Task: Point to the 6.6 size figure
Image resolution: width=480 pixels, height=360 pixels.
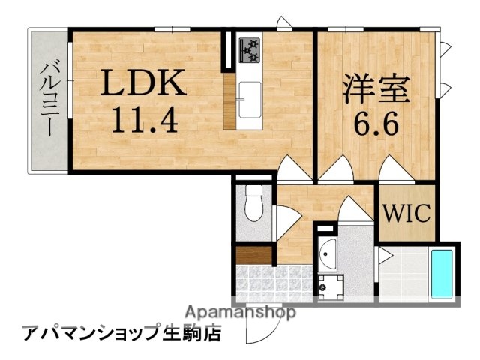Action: [x=375, y=120]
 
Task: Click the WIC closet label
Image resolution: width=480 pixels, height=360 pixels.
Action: [x=406, y=213]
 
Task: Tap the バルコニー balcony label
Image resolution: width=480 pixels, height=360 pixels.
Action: [x=47, y=97]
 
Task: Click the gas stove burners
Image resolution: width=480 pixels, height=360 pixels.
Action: [x=249, y=49]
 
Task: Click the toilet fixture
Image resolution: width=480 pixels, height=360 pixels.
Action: [x=253, y=203]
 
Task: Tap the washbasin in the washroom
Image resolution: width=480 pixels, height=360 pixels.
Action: [x=327, y=254]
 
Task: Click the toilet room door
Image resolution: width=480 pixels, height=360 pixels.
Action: [x=284, y=220]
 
